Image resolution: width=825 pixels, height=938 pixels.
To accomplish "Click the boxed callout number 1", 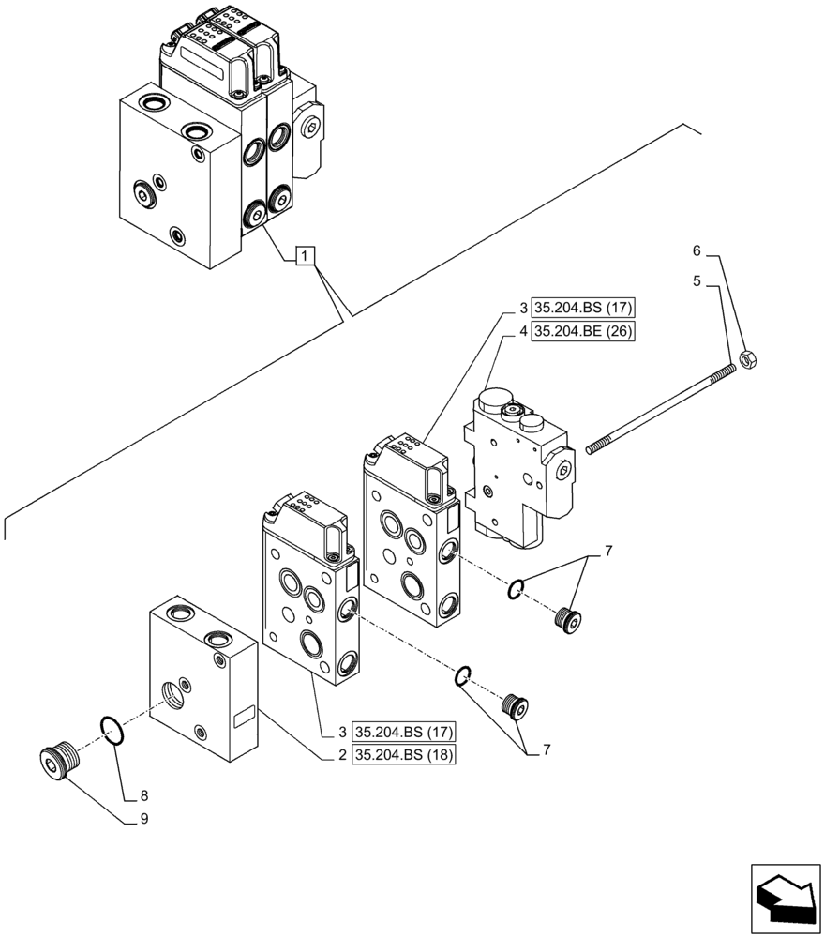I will tap(306, 254).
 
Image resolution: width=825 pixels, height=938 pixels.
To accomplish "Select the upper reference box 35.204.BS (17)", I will tap(584, 308).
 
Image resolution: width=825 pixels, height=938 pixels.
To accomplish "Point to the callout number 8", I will tap(143, 795).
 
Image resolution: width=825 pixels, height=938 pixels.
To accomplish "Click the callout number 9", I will tap(143, 817).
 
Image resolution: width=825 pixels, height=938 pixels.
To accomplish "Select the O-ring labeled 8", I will tap(110, 730).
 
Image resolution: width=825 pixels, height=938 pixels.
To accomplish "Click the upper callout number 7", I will tap(608, 552).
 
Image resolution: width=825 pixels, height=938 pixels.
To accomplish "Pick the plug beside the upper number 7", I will tap(567, 618).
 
